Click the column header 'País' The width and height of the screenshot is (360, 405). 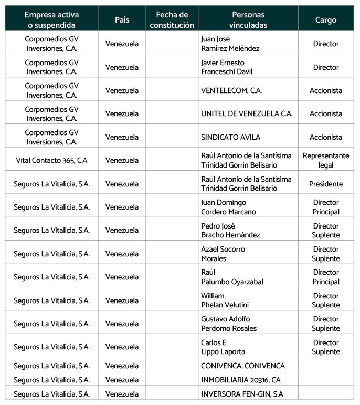click(x=122, y=20)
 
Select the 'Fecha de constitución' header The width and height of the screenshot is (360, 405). click(x=172, y=20)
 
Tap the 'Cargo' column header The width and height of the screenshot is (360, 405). click(x=326, y=20)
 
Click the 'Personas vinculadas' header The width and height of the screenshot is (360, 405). click(x=248, y=20)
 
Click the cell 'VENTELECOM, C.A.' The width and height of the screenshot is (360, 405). click(x=231, y=90)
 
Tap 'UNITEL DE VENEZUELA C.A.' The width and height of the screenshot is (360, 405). click(x=247, y=113)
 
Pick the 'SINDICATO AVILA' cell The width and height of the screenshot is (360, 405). click(x=230, y=137)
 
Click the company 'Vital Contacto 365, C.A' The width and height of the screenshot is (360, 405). click(x=51, y=161)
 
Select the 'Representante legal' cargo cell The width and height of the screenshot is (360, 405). click(x=326, y=160)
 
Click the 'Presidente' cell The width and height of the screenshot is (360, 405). click(x=326, y=184)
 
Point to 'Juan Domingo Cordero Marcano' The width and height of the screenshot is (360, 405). click(x=228, y=207)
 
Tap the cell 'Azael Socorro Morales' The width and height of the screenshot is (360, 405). click(x=223, y=254)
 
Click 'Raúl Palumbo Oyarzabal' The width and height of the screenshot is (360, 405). click(x=232, y=277)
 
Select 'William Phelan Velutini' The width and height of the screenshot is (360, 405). click(x=225, y=300)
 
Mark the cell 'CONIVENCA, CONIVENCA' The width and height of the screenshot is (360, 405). click(x=243, y=366)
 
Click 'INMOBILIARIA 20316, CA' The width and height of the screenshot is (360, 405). click(x=240, y=379)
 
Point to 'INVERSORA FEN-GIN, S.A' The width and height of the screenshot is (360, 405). click(x=242, y=393)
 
